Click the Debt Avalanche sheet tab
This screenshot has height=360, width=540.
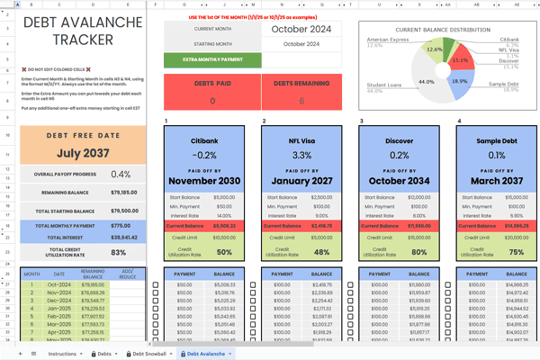click(206, 354)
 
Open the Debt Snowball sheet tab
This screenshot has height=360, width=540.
click(150, 354)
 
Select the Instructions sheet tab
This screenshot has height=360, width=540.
click(62, 354)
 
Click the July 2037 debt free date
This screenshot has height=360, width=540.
click(83, 154)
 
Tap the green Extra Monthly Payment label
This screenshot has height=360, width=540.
click(212, 60)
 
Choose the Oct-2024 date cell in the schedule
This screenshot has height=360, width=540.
click(58, 284)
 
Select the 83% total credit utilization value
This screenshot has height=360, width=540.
click(121, 252)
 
